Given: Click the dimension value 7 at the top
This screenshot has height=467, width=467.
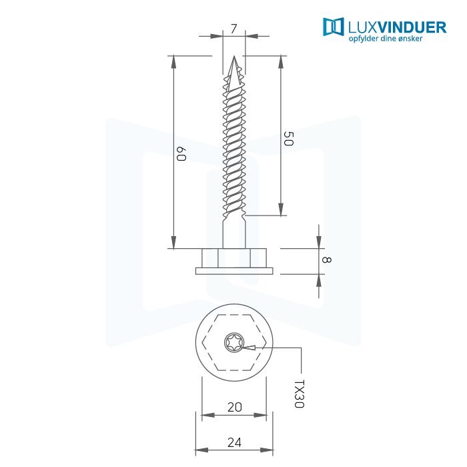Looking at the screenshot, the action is pyautogui.click(x=233, y=29).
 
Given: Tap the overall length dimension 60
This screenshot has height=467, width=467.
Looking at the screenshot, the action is pyautogui.click(x=181, y=153).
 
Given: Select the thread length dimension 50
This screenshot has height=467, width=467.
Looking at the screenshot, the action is pyautogui.click(x=288, y=139).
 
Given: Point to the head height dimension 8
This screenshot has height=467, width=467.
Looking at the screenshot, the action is pyautogui.click(x=326, y=260).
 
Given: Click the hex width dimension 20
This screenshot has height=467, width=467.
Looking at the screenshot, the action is pyautogui.click(x=234, y=407).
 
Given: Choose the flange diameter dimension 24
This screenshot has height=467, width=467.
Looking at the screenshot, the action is pyautogui.click(x=234, y=442).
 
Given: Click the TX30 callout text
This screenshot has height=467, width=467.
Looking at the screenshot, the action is pyautogui.click(x=299, y=394).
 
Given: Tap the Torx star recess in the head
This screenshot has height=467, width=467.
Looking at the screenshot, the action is pyautogui.click(x=233, y=342).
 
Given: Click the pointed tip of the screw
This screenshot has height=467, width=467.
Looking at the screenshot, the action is pyautogui.click(x=234, y=57).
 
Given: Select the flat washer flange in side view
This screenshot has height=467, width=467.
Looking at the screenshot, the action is pyautogui.click(x=234, y=271).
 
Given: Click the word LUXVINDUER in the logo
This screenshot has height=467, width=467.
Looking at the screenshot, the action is pyautogui.click(x=397, y=27).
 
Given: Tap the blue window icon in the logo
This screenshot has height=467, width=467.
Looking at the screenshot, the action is pyautogui.click(x=334, y=27).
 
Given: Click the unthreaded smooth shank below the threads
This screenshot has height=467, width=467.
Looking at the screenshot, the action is pyautogui.click(x=234, y=233).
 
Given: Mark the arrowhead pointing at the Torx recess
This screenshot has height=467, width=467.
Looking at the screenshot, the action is pyautogui.click(x=249, y=348).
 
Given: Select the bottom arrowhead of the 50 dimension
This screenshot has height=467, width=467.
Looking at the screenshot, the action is pyautogui.click(x=281, y=209).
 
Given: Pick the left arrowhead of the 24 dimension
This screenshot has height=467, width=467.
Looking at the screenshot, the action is pyautogui.click(x=201, y=450).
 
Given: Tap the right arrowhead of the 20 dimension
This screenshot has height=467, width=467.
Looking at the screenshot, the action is pyautogui.click(x=260, y=415).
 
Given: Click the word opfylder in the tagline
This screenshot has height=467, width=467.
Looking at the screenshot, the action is pyautogui.click(x=364, y=39).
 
